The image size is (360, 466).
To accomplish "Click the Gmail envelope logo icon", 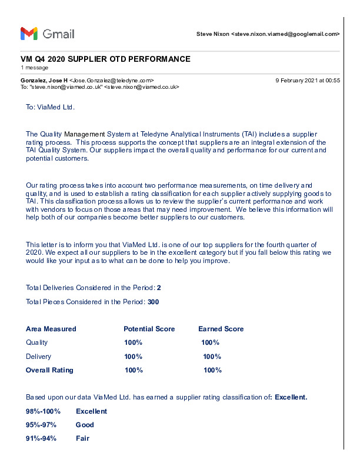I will point(29,34).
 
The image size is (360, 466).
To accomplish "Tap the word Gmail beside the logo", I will point(59,34).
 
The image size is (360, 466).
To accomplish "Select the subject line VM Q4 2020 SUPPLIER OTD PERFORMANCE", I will point(105,59).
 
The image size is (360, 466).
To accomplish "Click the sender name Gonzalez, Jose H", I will point(44,80).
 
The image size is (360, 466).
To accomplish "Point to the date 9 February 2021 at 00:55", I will point(308,80).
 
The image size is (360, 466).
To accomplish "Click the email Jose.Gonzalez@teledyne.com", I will point(112,80).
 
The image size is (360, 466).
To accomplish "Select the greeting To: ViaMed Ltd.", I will point(51,108).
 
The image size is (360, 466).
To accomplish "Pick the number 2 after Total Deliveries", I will point(159,288).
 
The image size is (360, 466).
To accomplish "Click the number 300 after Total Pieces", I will point(153,302).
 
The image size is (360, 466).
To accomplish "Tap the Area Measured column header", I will point(51,329).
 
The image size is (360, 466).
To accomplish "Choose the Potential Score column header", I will point(149,329).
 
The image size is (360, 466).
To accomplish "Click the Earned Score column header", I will point(221,329).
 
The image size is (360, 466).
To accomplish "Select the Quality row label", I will point(37,342).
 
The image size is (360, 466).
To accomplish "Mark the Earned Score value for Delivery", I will point(212,357).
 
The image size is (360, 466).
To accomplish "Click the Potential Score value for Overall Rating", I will point(134,370).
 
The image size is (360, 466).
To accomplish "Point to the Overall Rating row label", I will point(49,370).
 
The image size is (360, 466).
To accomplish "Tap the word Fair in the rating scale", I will point(82,438).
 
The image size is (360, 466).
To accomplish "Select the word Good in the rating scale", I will point(85,425).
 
